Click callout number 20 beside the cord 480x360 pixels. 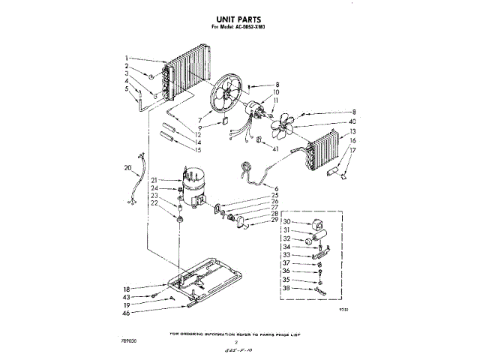(128, 168)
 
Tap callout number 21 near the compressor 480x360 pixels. (154, 180)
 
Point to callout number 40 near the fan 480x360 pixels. (352, 122)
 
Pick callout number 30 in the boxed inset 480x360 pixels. (286, 221)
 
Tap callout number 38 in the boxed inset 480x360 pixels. (286, 288)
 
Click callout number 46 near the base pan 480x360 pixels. (127, 315)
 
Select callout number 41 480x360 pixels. (276, 150)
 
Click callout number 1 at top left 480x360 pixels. (127, 58)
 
